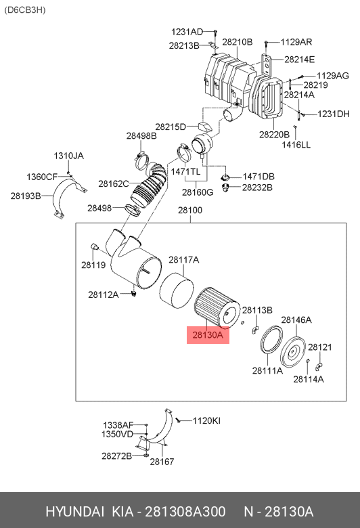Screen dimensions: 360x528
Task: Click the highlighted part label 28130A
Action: tap(208, 334)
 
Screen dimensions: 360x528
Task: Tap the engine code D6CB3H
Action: tap(25, 9)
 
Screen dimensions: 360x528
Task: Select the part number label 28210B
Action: tap(237, 42)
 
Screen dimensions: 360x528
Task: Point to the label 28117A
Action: tap(183, 260)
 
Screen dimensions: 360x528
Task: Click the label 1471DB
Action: tap(258, 177)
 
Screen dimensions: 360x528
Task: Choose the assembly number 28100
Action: tap(190, 210)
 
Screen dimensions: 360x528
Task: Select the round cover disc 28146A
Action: tap(292, 352)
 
